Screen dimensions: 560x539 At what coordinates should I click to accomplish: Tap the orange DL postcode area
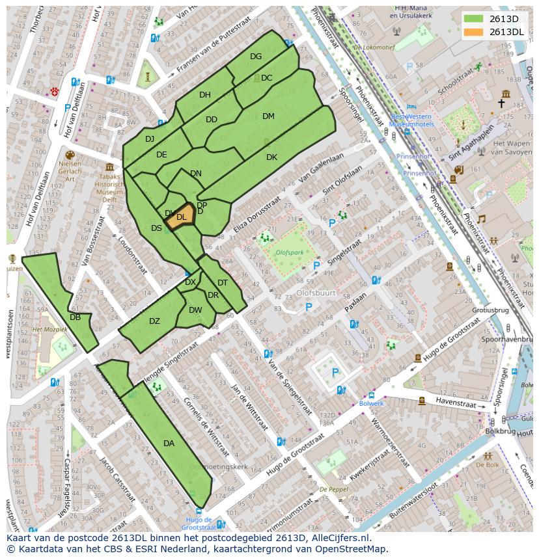tap(182, 217)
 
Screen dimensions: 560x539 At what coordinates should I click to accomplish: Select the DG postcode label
tap(256, 57)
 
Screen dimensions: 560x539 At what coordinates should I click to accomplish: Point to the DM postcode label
tap(268, 116)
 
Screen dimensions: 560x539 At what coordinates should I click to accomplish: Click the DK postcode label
tap(271, 157)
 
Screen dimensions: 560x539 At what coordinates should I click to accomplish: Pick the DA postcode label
tap(169, 444)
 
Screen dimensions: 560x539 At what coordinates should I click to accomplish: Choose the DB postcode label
tap(75, 317)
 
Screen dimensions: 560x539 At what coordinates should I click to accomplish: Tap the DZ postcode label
tap(154, 321)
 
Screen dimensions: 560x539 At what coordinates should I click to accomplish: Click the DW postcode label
tap(195, 310)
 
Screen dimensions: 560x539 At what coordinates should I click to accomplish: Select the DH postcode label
tap(205, 95)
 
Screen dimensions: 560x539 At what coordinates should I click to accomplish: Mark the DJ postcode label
tap(150, 139)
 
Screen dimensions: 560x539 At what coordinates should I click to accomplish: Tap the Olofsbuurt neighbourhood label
tap(316, 293)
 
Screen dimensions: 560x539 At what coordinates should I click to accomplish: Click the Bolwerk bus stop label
tap(371, 403)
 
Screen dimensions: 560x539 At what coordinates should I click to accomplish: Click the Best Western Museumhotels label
tap(411, 120)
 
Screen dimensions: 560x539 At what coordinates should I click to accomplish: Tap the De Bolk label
tap(487, 465)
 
